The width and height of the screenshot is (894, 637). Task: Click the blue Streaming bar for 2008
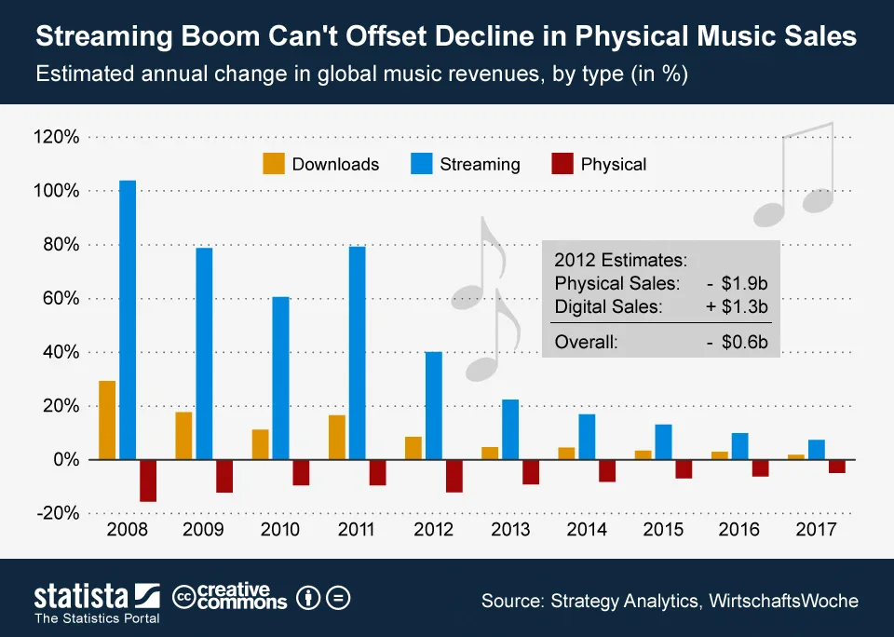point(128,320)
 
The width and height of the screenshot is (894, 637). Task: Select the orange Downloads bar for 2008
point(107,420)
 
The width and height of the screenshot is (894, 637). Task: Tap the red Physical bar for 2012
point(454,476)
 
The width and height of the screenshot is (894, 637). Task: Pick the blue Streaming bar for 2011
point(357,353)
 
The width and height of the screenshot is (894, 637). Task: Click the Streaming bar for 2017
point(817,450)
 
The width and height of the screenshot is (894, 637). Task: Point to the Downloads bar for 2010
point(260,445)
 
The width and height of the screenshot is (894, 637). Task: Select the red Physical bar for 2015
point(684,468)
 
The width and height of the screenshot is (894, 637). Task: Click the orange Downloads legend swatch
point(274,164)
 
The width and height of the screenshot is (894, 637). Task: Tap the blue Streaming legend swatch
point(421,164)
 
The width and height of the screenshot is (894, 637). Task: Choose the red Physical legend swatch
point(562,164)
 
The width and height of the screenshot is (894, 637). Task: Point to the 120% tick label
point(57,137)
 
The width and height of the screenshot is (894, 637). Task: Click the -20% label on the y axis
point(58,513)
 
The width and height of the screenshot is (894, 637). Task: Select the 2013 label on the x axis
point(510,530)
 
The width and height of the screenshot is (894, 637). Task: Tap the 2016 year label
point(738,530)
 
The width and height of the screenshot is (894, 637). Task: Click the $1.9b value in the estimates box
point(744,283)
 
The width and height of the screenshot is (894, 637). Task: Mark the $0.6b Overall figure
point(744,342)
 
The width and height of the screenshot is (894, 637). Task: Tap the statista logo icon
point(147,596)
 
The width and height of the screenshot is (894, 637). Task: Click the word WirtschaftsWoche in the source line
point(783,601)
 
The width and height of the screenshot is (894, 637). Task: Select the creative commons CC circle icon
point(183,598)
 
